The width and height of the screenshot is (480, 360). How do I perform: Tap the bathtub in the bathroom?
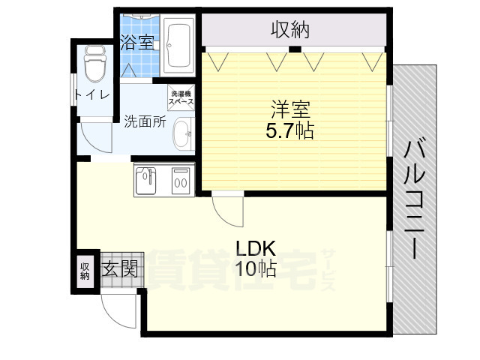178,45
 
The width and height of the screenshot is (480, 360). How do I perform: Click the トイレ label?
91,94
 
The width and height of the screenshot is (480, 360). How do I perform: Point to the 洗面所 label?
145,121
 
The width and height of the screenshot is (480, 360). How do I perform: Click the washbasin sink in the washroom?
181,136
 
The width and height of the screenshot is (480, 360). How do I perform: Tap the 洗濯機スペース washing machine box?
180,96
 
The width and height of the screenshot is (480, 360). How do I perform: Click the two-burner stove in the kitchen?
180,181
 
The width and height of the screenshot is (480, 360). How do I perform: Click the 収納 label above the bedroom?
290,31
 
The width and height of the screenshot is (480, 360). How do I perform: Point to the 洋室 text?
289,107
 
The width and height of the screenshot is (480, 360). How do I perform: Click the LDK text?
256,247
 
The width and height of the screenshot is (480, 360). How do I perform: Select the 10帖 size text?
256,268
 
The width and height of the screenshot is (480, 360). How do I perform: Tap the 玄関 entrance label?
120,268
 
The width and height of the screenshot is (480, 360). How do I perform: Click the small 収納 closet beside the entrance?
85,270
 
